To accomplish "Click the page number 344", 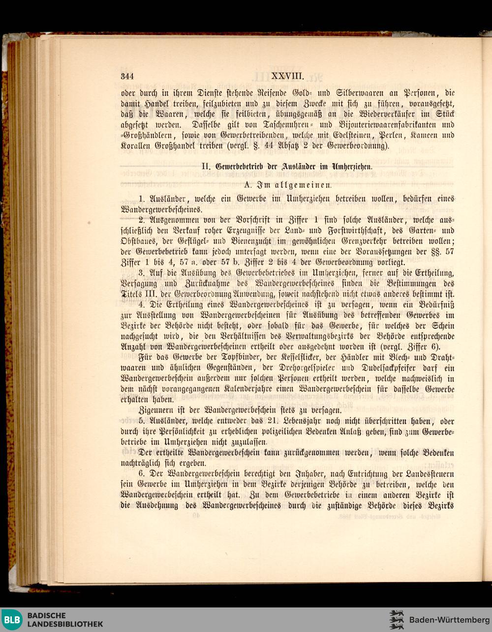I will tap(127, 76).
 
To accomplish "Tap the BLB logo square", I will tap(11, 620).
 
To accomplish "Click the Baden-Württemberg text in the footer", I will tap(449, 620).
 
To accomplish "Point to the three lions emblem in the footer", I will tap(397, 620).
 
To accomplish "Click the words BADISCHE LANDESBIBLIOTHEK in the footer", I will tap(64, 620).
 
